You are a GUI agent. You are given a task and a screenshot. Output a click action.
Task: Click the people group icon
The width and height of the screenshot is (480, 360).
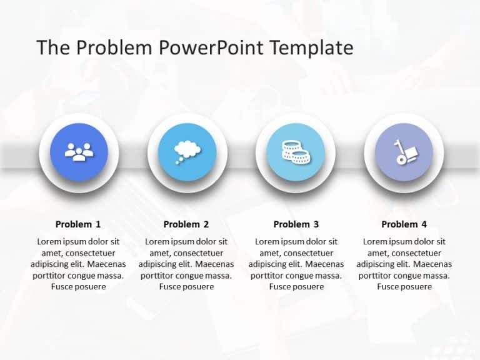point(79,152)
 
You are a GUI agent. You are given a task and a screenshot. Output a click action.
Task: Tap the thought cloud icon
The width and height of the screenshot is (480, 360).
point(186,152)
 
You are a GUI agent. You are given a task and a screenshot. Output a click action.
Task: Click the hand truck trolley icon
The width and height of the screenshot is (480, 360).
point(403,152)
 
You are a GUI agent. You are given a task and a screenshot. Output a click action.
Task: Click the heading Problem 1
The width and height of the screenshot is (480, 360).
point(78,224)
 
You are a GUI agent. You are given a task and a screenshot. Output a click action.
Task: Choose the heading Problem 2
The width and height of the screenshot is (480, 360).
point(186,224)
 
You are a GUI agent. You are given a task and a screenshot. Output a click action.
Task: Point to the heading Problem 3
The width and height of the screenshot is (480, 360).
point(296,224)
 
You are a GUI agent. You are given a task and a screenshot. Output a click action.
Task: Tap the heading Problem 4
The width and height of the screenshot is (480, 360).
point(404,224)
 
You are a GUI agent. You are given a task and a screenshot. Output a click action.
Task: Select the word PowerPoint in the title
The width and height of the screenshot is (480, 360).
point(214,48)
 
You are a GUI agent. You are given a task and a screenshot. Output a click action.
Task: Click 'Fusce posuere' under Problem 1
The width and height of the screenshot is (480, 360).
point(78,287)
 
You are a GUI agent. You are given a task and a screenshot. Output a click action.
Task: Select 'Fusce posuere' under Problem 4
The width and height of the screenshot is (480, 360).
point(404,287)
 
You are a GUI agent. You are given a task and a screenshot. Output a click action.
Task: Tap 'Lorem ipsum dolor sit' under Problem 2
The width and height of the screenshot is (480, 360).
point(186,242)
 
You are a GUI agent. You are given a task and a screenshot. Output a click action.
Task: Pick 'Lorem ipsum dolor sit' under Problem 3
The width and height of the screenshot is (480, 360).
point(296,242)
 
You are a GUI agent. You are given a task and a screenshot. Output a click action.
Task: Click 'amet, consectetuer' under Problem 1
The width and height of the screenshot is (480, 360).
point(78,253)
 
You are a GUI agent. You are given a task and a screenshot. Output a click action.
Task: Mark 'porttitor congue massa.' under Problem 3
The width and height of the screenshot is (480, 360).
point(296,276)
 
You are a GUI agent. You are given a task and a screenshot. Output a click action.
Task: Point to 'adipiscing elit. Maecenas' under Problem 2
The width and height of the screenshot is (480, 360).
point(186,264)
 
